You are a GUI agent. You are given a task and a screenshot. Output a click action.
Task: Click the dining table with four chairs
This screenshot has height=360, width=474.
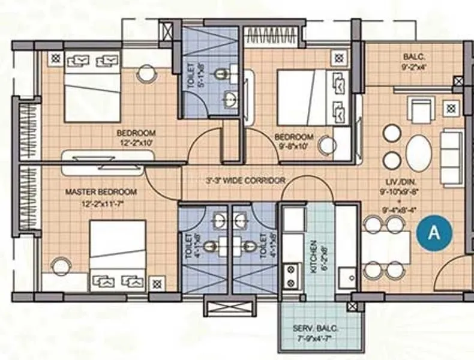tap(386, 247)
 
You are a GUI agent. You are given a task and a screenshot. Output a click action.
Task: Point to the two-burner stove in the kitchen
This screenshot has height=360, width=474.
tap(292, 276)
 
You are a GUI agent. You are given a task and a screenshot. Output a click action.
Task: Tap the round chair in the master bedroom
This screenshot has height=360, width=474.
tap(61, 266)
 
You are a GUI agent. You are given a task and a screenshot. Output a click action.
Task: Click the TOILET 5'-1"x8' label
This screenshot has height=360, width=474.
tap(190, 77)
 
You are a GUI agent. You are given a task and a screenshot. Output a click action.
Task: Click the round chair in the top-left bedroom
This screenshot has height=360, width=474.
tap(146, 74)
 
